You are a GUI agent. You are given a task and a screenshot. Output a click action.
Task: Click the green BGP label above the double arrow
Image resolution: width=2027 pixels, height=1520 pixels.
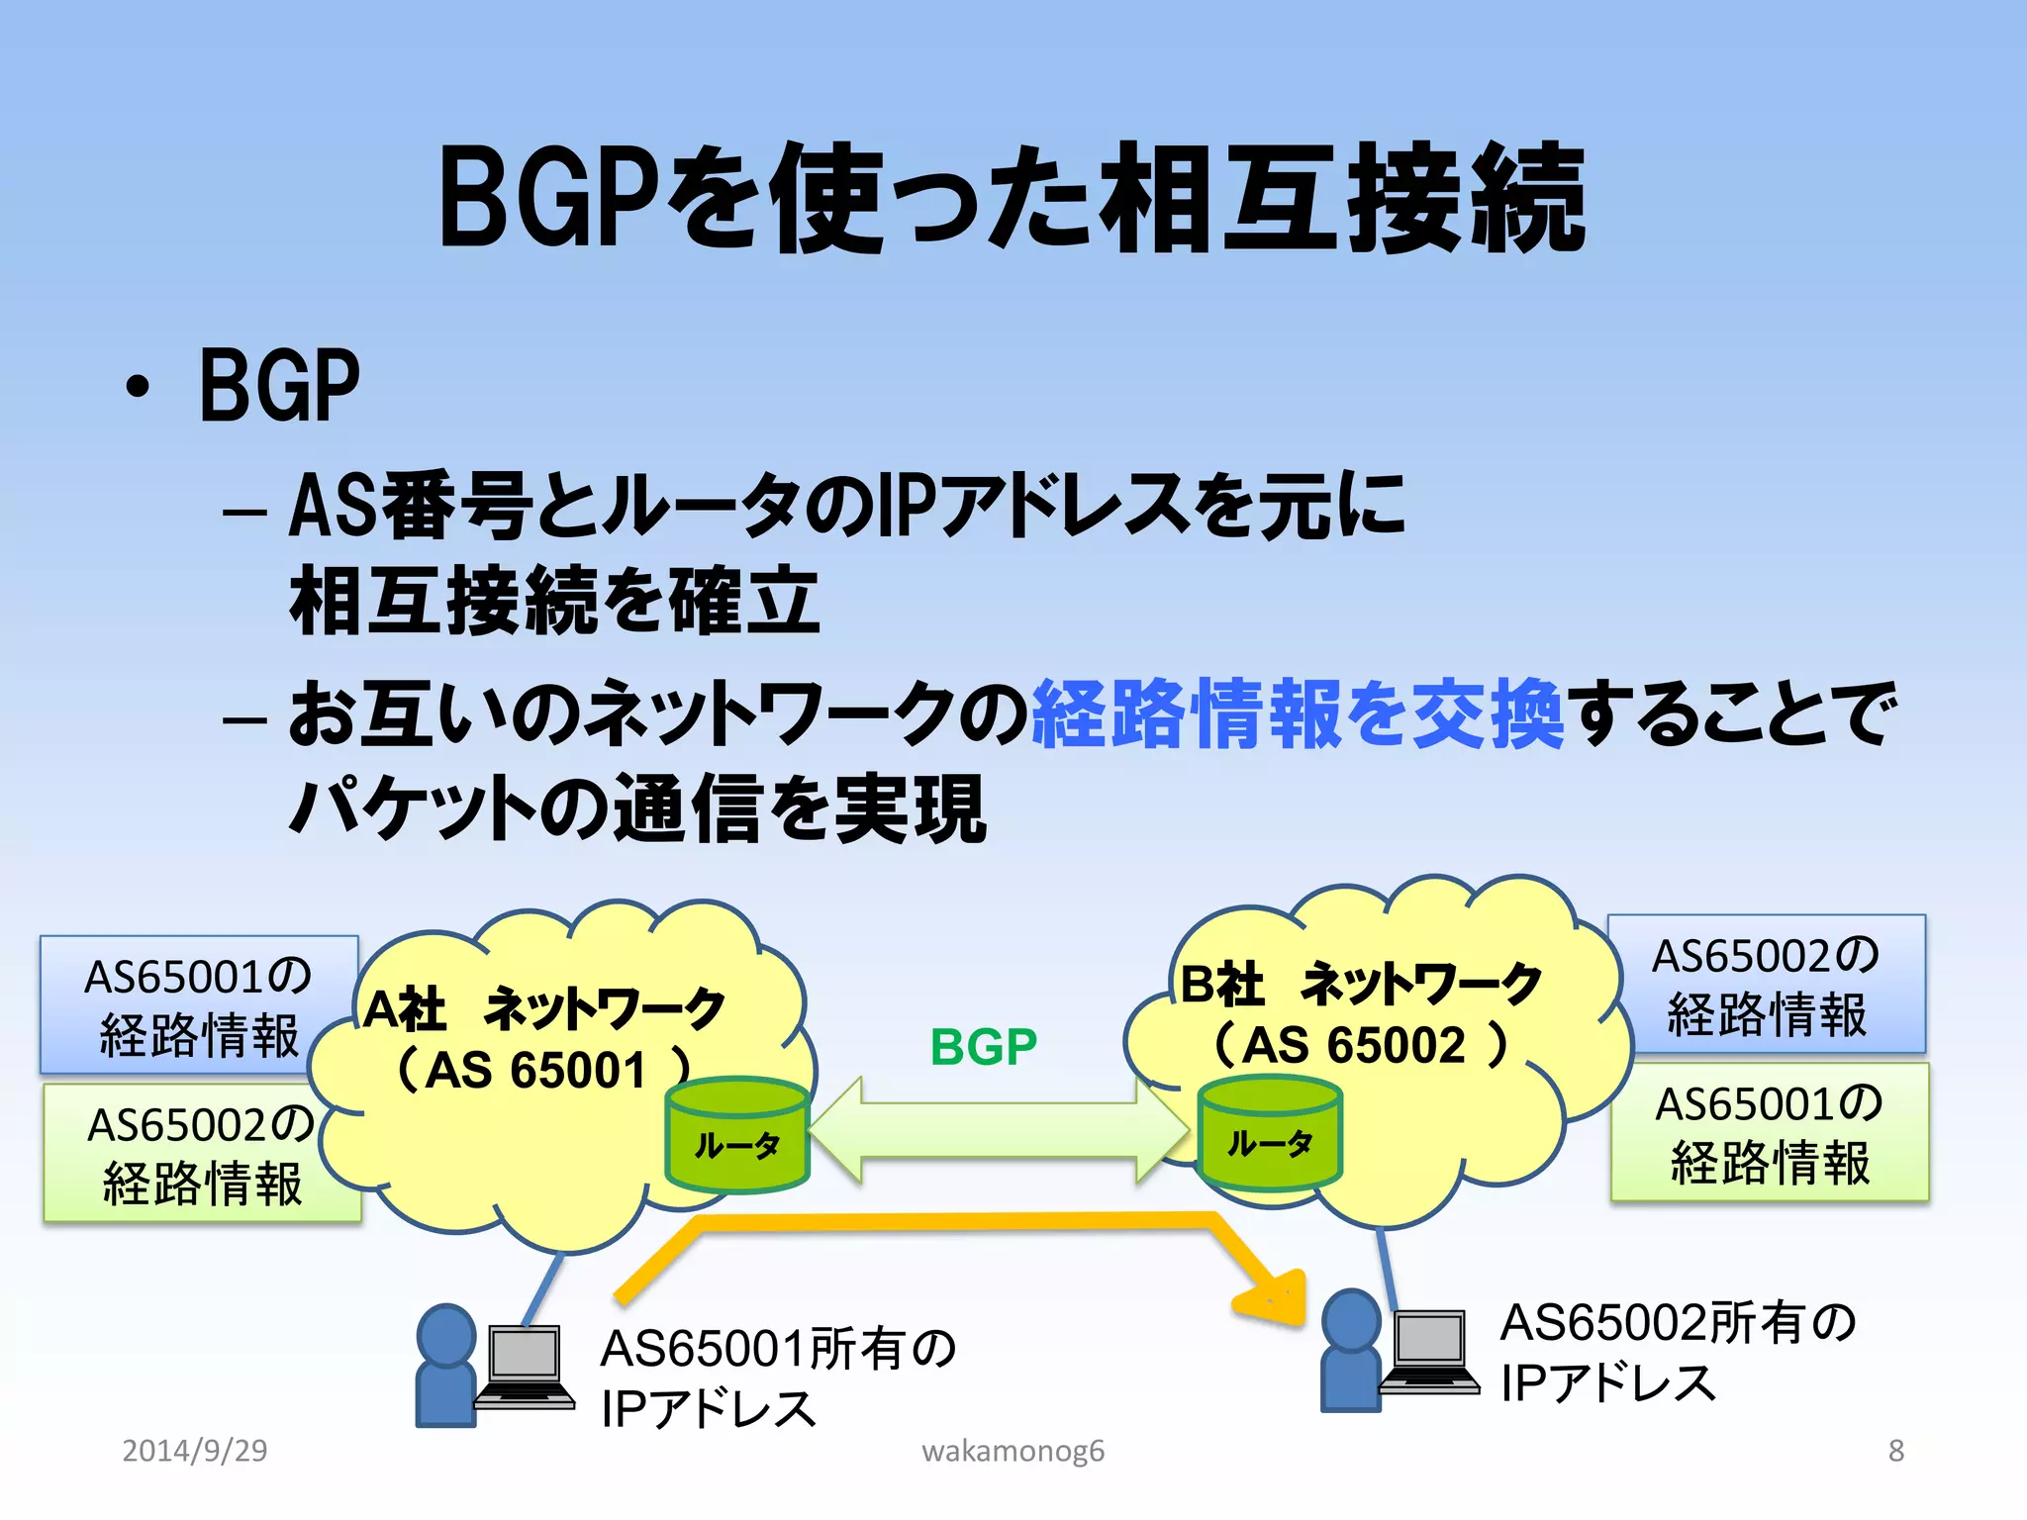pos(983,1047)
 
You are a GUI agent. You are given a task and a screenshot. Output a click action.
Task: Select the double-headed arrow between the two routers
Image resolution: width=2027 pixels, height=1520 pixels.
pos(1000,1130)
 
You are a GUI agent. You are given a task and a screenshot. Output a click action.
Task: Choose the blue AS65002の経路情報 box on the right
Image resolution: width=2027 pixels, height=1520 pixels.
pos(1767,984)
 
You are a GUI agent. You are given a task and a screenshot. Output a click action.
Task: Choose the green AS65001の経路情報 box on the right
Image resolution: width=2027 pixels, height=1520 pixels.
pos(1770,1132)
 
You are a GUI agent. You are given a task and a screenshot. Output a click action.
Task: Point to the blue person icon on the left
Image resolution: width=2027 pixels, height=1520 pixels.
pos(445,1366)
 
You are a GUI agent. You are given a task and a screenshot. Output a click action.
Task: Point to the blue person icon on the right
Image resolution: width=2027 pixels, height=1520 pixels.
pos(1350,1350)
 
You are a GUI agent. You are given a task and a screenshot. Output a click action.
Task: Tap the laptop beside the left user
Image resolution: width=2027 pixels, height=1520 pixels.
pos(525,1366)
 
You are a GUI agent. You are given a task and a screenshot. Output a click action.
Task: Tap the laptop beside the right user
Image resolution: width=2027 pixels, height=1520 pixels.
pos(1429,1350)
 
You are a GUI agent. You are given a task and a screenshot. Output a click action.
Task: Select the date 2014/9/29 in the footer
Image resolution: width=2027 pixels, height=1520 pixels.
pos(195,1451)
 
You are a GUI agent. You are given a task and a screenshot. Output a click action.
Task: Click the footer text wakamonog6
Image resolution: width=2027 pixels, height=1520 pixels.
pos(1013,1451)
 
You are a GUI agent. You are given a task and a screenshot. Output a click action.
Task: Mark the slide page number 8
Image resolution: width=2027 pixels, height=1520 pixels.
pos(1895,1451)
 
